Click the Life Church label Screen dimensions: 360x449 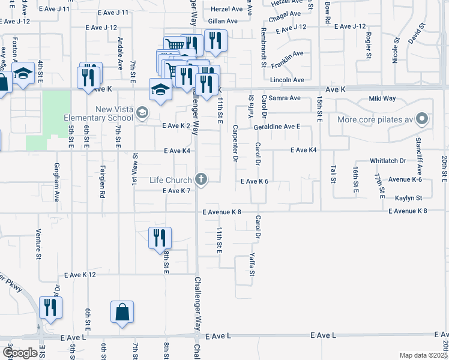click(x=170, y=179)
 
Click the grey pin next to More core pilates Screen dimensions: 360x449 click(x=422, y=119)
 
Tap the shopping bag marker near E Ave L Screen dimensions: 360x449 click(x=122, y=312)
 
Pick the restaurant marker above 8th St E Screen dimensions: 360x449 click(x=160, y=238)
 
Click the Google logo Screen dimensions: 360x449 click(x=20, y=353)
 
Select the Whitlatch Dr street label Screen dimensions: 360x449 click(x=388, y=161)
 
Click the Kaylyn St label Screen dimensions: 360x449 click(x=409, y=197)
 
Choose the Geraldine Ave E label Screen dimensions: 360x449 click(x=277, y=127)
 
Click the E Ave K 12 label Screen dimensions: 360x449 click(x=80, y=274)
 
